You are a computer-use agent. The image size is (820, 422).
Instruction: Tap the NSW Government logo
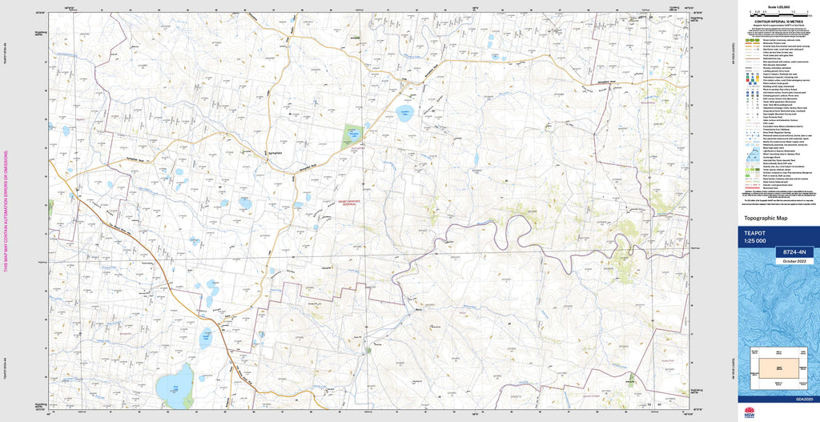(x=750, y=412)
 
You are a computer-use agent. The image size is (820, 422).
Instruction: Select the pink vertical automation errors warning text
(x=6, y=210)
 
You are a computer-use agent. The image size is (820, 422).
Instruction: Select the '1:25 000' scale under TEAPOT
(x=756, y=241)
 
